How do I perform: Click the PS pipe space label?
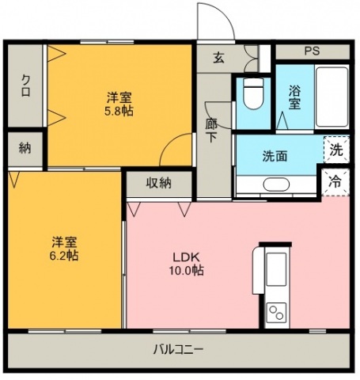click(313, 51)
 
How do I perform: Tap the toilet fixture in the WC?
click(253, 93)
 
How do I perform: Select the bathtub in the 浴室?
click(332, 97)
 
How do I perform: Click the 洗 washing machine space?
click(336, 150)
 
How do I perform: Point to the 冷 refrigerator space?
click(335, 182)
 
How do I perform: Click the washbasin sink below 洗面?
click(276, 184)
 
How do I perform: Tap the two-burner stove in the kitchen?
click(276, 313)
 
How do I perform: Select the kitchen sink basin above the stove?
click(276, 269)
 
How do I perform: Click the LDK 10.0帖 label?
click(186, 264)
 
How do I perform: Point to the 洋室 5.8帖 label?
click(119, 104)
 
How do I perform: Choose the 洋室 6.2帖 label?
click(64, 249)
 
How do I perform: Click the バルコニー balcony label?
click(178, 350)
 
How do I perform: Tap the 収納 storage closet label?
click(159, 183)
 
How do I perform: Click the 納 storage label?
click(25, 148)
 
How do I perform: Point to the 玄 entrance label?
click(218, 58)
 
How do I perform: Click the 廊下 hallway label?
click(211, 131)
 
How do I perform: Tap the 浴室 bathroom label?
click(294, 97)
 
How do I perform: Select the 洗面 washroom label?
click(275, 156)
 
